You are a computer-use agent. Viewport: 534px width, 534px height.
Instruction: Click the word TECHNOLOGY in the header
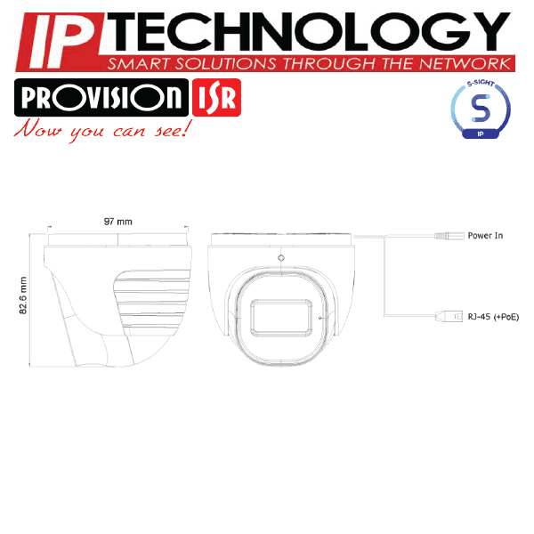pyautogui.click(x=309, y=31)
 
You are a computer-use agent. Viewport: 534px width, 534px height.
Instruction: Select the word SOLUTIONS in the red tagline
pyautogui.click(x=225, y=64)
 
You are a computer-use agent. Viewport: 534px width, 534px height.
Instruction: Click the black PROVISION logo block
pyautogui.click(x=101, y=97)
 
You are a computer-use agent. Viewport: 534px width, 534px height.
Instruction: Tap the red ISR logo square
pyautogui.click(x=216, y=97)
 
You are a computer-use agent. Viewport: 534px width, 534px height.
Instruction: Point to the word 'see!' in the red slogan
pyautogui.click(x=173, y=129)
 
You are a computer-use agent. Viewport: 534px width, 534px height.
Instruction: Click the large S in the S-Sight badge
pyautogui.click(x=481, y=109)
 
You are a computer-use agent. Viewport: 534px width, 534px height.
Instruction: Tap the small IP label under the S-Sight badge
pyautogui.click(x=481, y=133)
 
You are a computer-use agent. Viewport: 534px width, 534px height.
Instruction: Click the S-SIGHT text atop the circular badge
pyautogui.click(x=481, y=83)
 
